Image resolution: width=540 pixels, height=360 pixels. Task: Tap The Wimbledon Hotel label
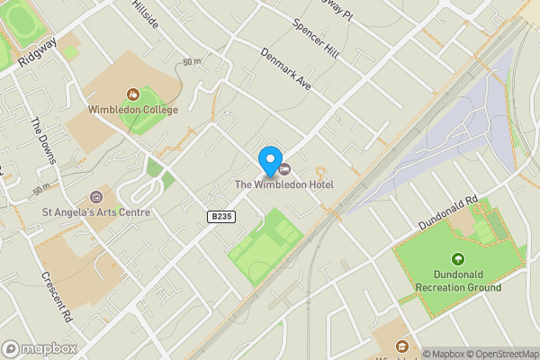point(284,184)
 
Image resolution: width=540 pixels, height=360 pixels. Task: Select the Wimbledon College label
point(133,110)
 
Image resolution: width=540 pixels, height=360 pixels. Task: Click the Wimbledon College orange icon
point(133,94)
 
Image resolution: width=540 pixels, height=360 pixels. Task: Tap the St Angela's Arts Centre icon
point(97,197)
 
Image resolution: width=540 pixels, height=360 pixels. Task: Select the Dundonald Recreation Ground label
point(458,281)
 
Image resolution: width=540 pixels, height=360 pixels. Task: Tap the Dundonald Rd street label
point(447,212)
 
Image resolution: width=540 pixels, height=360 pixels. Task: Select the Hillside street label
point(144,13)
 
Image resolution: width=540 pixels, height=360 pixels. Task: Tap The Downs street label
point(43,141)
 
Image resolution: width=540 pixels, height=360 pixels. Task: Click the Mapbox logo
point(40,348)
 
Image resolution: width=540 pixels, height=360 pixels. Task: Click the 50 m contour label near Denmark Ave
point(191,62)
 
